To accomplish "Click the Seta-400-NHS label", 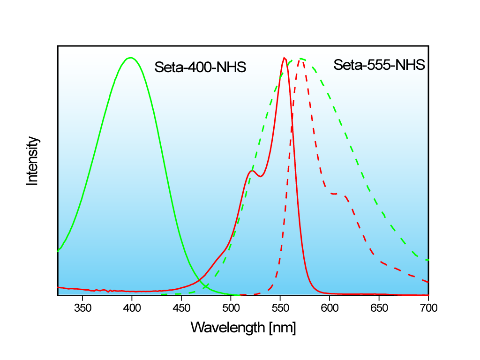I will pyautogui.click(x=200, y=67).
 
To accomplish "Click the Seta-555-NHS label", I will pyautogui.click(x=379, y=65).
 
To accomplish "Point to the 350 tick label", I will pyautogui.click(x=82, y=308).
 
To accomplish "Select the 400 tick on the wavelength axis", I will pyautogui.click(x=132, y=308).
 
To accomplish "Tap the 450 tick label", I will pyautogui.click(x=181, y=308).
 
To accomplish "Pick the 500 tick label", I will pyautogui.click(x=231, y=308).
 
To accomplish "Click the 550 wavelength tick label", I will pyautogui.click(x=280, y=308).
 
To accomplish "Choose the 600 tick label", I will pyautogui.click(x=330, y=308).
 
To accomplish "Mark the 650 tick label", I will pyautogui.click(x=379, y=308).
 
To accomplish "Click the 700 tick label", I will pyautogui.click(x=428, y=308).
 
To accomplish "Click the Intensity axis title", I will pyautogui.click(x=32, y=161).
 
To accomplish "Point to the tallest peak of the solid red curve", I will pyautogui.click(x=284, y=58).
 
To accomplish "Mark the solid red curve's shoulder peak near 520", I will pyautogui.click(x=252, y=171).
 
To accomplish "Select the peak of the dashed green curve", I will pyautogui.click(x=301, y=59).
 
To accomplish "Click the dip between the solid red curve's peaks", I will pyautogui.click(x=261, y=177).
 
